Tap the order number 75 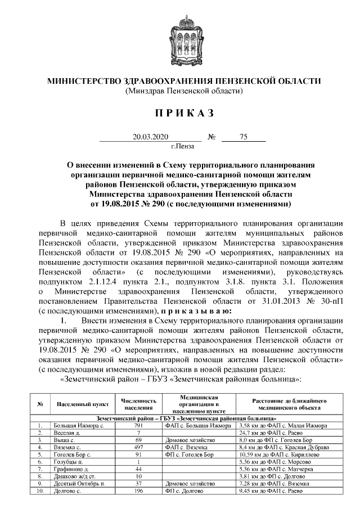[x=244, y=137]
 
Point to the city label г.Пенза [x=182, y=147]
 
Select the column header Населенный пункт [x=79, y=404]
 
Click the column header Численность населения [x=138, y=404]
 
